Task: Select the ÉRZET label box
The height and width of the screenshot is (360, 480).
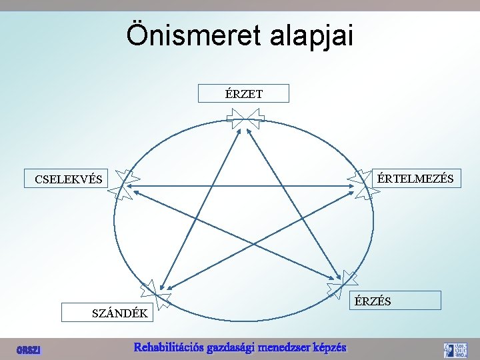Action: coord(244,93)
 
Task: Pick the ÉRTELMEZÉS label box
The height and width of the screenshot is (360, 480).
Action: coord(415,178)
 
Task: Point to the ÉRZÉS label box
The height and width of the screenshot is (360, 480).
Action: coord(396,301)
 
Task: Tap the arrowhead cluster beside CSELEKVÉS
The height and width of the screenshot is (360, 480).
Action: coord(125,184)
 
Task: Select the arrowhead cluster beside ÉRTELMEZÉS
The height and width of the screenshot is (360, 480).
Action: coord(363,184)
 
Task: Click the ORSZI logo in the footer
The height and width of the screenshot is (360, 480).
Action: coord(29,349)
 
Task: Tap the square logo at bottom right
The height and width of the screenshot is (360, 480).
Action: coord(456,350)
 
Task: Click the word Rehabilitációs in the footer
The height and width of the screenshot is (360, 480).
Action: coord(169,347)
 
